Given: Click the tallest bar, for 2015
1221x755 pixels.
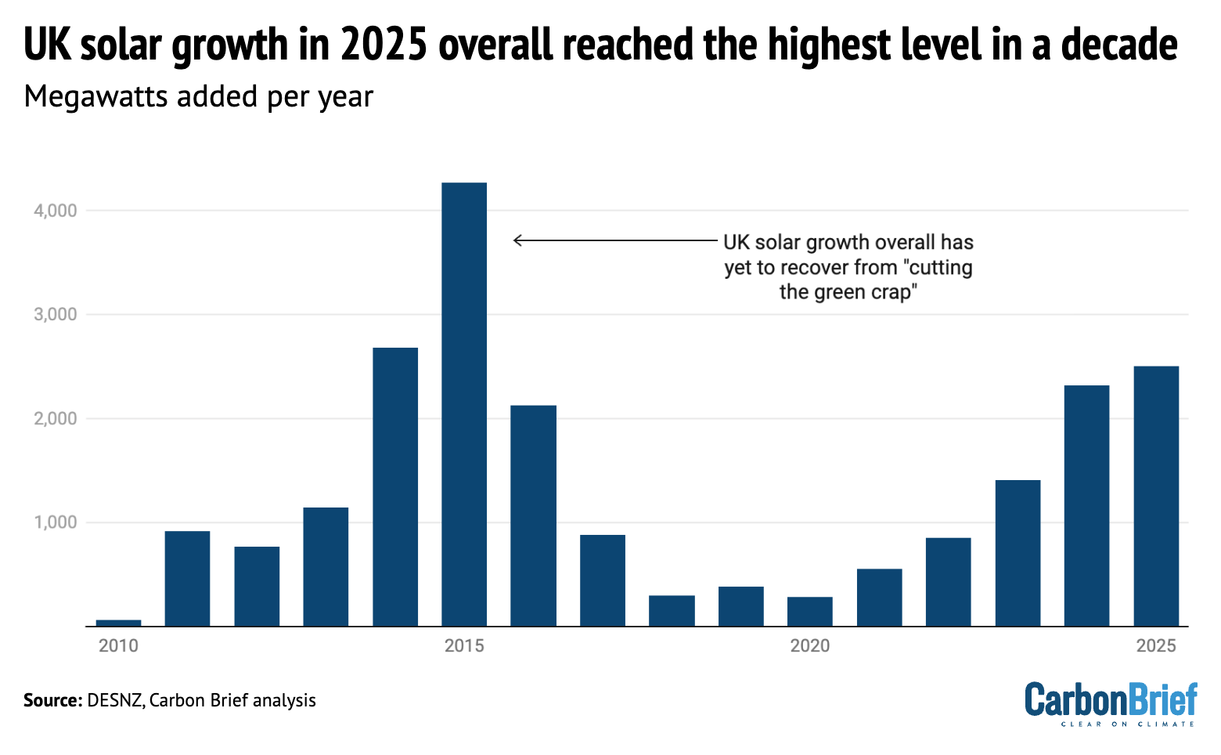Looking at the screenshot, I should [x=464, y=404].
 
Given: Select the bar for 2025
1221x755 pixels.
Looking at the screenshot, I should [x=1156, y=496].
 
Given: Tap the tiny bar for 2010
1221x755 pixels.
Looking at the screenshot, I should [x=118, y=623].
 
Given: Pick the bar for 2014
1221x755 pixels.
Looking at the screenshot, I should [x=395, y=486].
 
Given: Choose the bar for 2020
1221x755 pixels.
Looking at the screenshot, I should [x=810, y=611].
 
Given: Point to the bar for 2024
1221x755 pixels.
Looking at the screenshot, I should [x=1086, y=505].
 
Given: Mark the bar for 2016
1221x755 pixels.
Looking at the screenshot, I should [x=534, y=515].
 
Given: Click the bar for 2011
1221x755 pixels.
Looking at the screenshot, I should [x=188, y=578].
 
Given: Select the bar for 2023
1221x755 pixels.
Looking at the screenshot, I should [x=1017, y=553].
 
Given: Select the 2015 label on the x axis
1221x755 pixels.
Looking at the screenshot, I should [x=464, y=646].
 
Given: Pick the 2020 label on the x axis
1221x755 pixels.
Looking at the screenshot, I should [x=810, y=646].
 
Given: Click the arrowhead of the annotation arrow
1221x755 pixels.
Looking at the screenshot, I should [x=516, y=240].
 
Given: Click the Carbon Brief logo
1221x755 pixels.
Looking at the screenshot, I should [x=1111, y=703].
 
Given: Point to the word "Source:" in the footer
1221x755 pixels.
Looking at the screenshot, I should [x=52, y=700].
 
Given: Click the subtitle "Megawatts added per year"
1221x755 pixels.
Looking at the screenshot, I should [x=199, y=96].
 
